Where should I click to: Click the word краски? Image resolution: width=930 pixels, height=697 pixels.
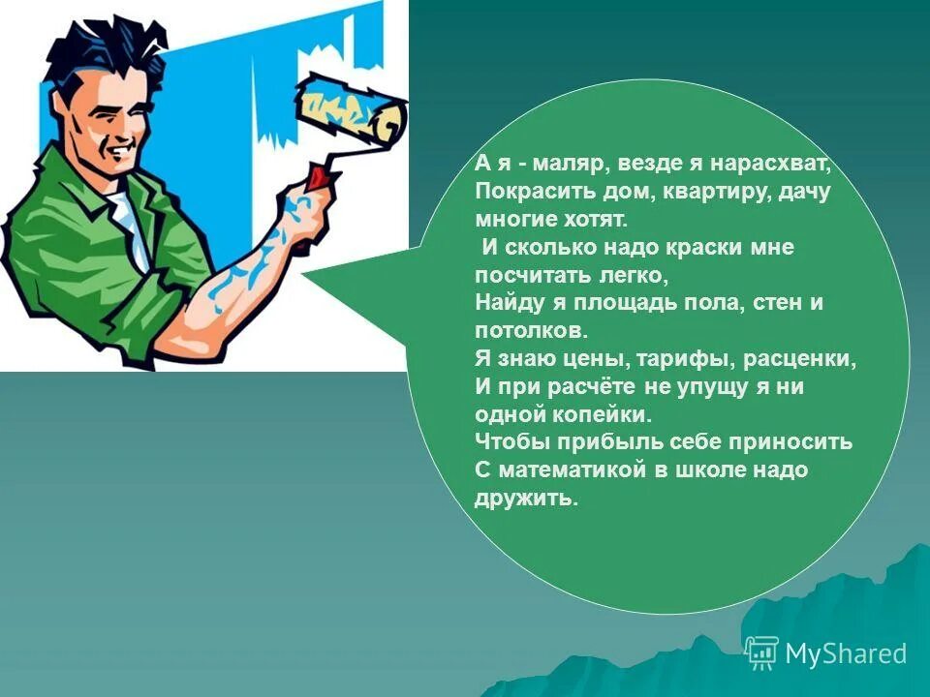[703, 247]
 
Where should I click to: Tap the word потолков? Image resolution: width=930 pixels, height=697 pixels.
[532, 330]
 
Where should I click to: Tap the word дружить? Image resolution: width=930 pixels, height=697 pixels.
[526, 500]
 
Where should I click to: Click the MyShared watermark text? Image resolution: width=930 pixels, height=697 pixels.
[846, 653]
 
